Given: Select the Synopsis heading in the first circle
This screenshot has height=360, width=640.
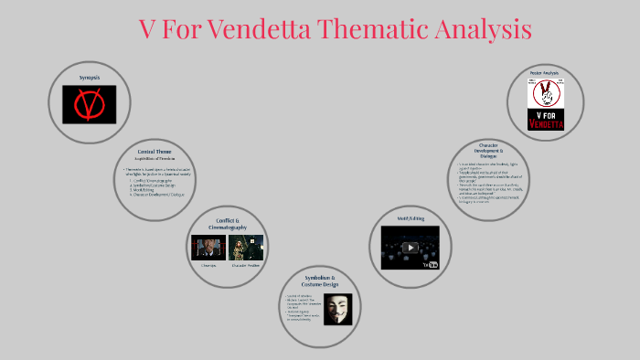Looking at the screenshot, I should (89, 78).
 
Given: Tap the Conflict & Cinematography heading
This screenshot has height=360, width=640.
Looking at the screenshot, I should (225, 224).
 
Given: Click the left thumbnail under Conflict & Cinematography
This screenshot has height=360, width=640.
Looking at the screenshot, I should (208, 248).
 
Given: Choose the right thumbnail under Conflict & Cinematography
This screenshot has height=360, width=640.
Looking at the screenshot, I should (245, 248).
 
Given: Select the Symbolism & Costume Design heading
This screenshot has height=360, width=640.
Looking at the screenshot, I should (320, 280).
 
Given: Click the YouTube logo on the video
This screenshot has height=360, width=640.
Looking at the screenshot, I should (432, 264).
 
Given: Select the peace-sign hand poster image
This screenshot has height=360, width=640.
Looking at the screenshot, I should (545, 92).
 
